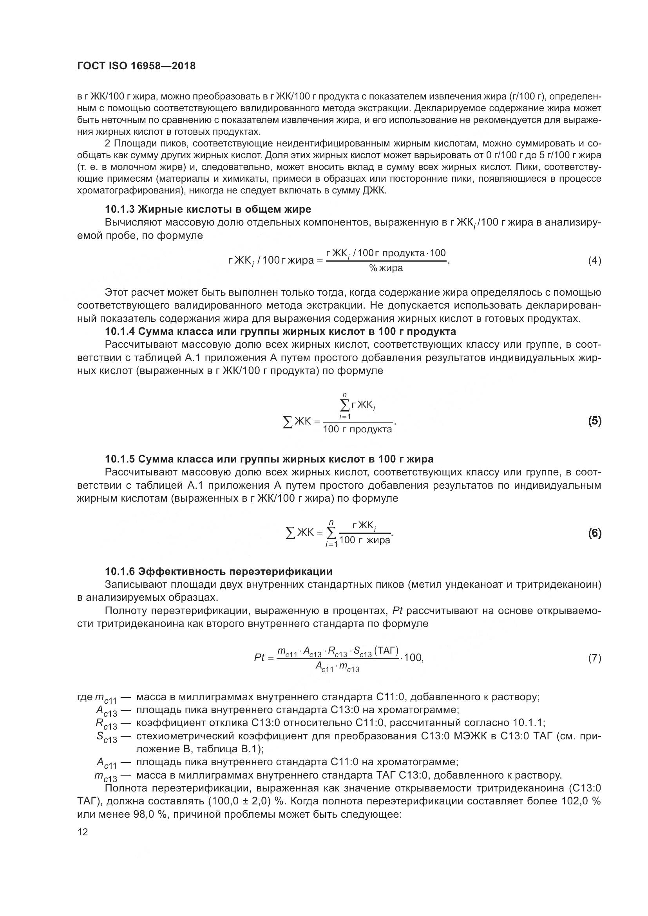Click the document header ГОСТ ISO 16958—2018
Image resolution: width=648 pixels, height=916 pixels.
coord(136,66)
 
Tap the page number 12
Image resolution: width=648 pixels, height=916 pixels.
coord(83,832)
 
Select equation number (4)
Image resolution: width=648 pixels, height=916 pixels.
coord(594,261)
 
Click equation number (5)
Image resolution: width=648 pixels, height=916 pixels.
coord(594,421)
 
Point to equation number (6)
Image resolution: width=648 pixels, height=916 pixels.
coord(594,533)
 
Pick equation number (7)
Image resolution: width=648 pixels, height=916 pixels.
coord(594,658)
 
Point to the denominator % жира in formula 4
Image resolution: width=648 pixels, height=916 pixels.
coord(386,268)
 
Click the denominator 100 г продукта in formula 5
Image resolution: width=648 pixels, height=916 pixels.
coord(357,429)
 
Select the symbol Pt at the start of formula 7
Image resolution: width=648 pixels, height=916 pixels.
coord(259,658)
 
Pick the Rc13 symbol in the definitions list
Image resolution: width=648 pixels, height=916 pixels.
coord(106,723)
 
